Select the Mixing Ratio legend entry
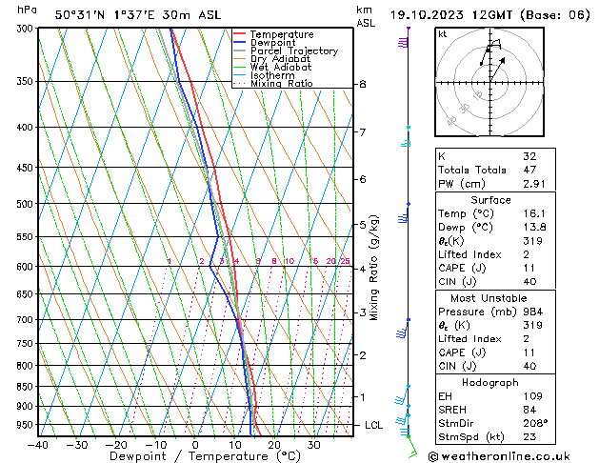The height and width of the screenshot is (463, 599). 281,84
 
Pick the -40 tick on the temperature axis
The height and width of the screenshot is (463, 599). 38,444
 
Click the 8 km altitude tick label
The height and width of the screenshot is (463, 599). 362,84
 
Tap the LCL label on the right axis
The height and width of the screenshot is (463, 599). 373,425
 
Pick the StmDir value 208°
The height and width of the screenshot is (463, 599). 534,423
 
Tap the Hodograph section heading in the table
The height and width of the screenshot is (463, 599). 490,382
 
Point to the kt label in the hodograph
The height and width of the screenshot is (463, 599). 443,33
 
